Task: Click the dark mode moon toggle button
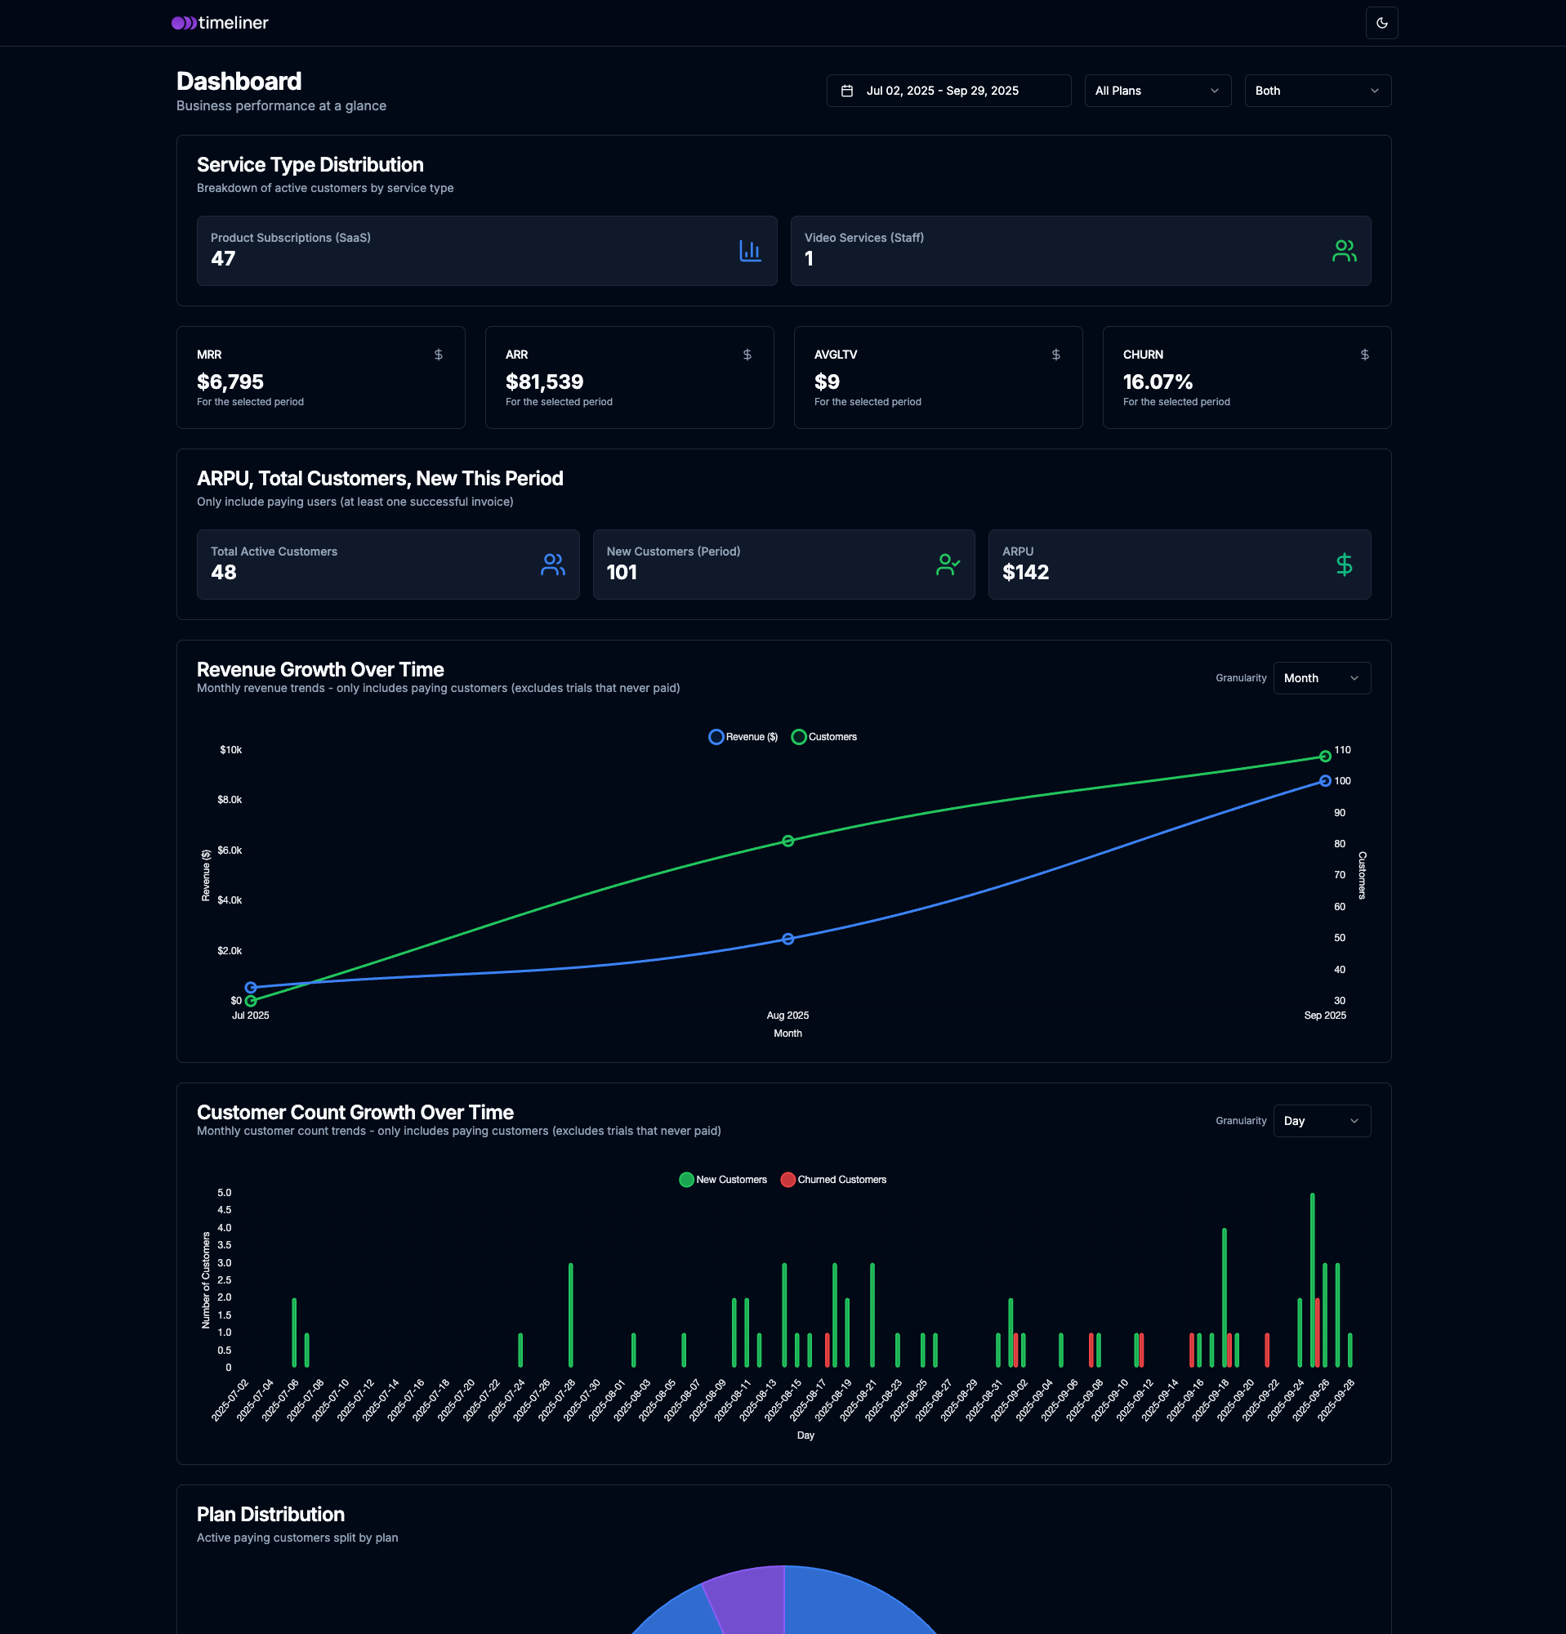[1381, 24]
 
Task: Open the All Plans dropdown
[1157, 91]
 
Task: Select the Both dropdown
[1317, 91]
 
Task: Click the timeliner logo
[220, 24]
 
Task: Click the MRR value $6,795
[230, 382]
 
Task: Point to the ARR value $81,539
[544, 382]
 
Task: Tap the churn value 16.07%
[1158, 382]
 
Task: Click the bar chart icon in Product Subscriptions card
[750, 251]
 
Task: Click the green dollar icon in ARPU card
[1344, 565]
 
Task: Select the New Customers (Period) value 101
[622, 573]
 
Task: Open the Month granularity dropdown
[1321, 679]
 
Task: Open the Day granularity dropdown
[1321, 1121]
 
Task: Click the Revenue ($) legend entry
[743, 737]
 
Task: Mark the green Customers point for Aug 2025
[787, 842]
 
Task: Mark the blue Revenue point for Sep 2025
[1324, 781]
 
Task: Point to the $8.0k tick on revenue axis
[230, 801]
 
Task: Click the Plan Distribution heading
[271, 1515]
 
